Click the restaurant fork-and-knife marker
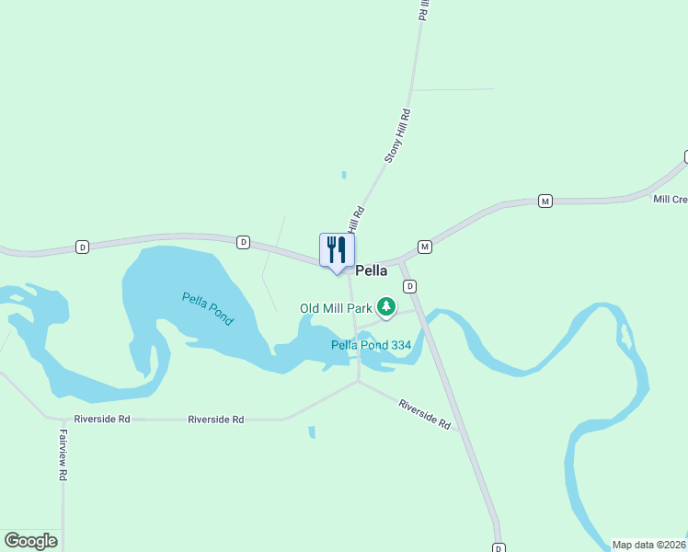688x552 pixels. click(337, 250)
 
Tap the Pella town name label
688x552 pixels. click(371, 271)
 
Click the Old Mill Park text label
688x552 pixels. click(336, 308)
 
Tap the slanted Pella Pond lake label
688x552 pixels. click(208, 308)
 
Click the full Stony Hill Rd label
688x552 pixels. click(397, 136)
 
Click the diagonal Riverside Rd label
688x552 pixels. click(424, 414)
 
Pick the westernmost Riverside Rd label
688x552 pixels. click(102, 419)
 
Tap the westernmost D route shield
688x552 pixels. click(83, 247)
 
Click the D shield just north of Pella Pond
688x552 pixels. click(243, 242)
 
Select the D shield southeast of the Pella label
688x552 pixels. click(410, 286)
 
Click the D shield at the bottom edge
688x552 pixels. click(499, 547)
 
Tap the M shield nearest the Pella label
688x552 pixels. click(425, 247)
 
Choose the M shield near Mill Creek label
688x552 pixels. click(545, 201)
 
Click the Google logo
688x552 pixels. click(30, 540)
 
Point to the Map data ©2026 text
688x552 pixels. click(648, 545)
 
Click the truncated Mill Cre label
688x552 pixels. click(670, 199)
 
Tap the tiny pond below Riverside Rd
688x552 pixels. click(312, 431)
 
